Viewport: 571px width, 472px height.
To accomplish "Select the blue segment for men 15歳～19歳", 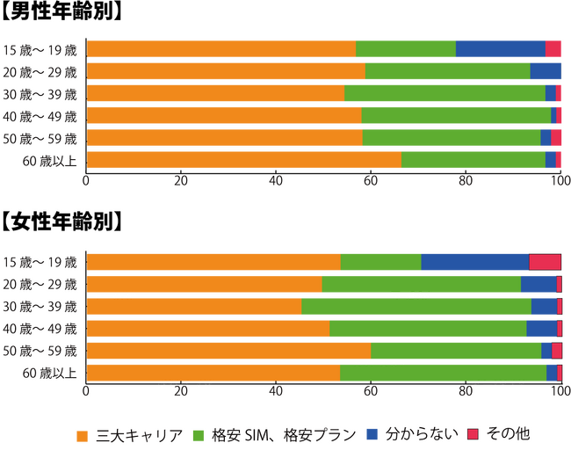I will tap(500, 49).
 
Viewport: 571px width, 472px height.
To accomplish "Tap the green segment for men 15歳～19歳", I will tap(406, 49).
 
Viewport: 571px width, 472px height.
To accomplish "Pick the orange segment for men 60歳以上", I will tap(244, 159).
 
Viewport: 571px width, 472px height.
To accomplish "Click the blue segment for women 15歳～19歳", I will tap(474, 262).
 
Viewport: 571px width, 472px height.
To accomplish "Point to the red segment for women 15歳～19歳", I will tap(545, 262).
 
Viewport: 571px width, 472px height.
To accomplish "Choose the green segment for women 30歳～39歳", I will tap(416, 307).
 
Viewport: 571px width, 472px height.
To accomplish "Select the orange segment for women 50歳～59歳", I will tap(228, 351).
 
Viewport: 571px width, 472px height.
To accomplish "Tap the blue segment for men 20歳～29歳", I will tap(545, 71).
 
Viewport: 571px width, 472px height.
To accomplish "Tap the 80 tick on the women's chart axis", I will tap(466, 393).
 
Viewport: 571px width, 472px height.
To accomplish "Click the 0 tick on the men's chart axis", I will tap(86, 181).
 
